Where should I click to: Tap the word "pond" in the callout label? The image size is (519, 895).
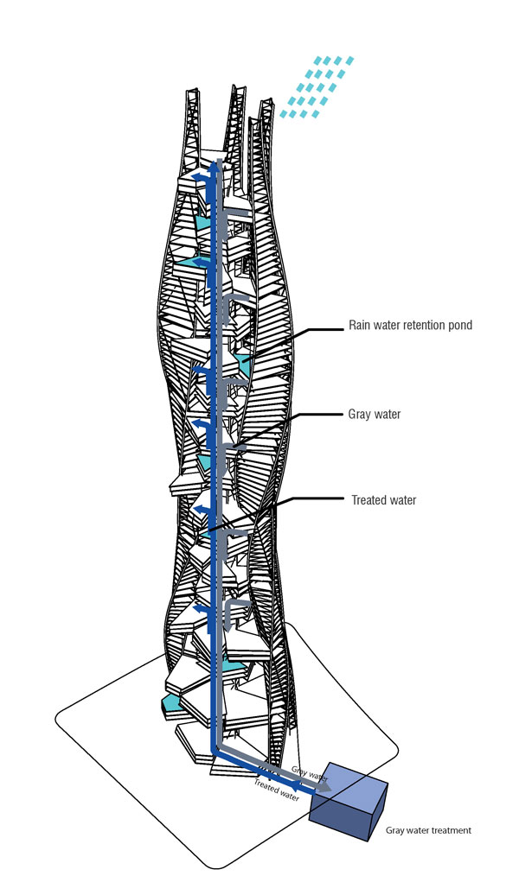460,326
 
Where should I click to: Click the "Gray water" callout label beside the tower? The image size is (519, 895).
375,415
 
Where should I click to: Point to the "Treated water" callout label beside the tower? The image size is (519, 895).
383,500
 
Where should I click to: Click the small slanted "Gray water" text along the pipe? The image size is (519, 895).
309,773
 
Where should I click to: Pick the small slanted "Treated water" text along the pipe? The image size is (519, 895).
277,790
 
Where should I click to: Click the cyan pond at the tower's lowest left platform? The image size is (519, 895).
171,702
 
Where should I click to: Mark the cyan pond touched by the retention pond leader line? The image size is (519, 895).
243,364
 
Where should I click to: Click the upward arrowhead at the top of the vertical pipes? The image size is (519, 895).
215,165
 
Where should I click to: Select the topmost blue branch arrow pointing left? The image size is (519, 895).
201,177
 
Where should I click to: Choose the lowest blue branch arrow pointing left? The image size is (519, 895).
202,608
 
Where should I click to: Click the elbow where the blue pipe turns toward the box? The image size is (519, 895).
215,752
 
